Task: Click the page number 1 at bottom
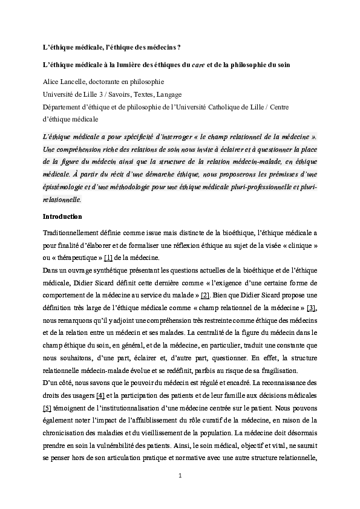tap(180, 475)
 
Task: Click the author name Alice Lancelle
tap(65, 81)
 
